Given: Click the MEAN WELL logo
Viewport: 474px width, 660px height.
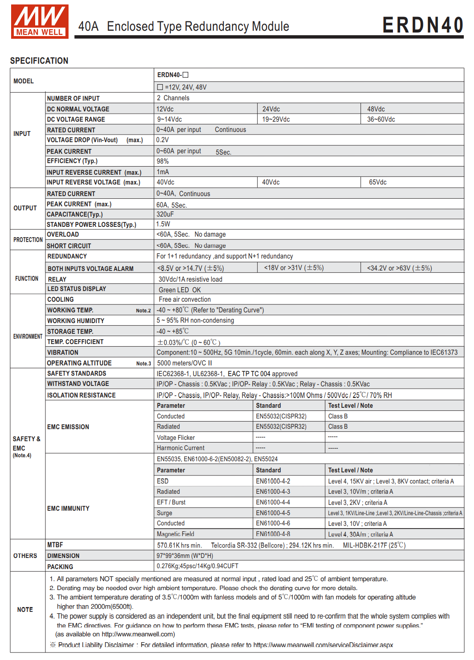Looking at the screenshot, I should pyautogui.click(x=40, y=21).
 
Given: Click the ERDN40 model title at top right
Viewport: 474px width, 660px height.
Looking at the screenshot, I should pyautogui.click(x=423, y=25).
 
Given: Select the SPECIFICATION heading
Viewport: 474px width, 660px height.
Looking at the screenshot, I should pyautogui.click(x=39, y=61).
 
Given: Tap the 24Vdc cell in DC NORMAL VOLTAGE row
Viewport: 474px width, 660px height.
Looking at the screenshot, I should pyautogui.click(x=271, y=109).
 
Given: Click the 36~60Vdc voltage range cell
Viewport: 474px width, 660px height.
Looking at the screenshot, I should pyautogui.click(x=381, y=119).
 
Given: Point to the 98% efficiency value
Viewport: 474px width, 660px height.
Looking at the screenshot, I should pyautogui.click(x=162, y=161).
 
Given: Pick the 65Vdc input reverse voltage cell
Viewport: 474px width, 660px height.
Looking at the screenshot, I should pyautogui.click(x=377, y=182).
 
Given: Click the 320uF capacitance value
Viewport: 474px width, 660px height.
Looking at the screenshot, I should pyautogui.click(x=165, y=214).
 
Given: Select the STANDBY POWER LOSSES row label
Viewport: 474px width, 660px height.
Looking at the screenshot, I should pyautogui.click(x=91, y=225).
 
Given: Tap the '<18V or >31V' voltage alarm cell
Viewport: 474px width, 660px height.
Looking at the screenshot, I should pyautogui.click(x=294, y=268).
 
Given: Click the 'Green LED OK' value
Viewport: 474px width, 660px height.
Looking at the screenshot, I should pyautogui.click(x=180, y=290).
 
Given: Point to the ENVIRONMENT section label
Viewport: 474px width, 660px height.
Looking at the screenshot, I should pyautogui.click(x=28, y=336).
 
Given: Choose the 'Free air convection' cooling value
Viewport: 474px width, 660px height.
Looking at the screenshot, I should pyautogui.click(x=185, y=299).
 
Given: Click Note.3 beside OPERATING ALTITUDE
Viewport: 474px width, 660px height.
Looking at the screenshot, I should pyautogui.click(x=143, y=364).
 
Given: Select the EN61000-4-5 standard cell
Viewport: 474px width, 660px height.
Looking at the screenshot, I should pyautogui.click(x=273, y=513).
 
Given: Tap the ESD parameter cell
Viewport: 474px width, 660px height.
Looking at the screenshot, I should pyautogui.click(x=162, y=481).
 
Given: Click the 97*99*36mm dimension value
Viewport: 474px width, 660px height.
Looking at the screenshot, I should pyautogui.click(x=185, y=556).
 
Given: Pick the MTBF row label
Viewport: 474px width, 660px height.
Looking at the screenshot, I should pyautogui.click(x=55, y=545).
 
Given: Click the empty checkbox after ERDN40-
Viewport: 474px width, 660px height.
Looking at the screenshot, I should pyautogui.click(x=186, y=75).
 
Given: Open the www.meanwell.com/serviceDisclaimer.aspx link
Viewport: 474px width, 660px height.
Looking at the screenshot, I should pyautogui.click(x=323, y=645).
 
